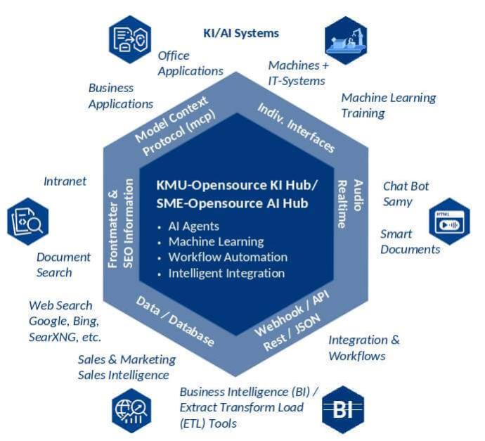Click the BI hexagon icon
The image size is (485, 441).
[x=342, y=409]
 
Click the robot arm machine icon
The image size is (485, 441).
[x=346, y=39]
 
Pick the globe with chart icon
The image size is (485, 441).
[x=131, y=409]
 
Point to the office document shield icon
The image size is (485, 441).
[x=130, y=39]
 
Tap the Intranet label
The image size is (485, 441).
[x=65, y=181]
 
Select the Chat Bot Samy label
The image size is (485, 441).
[x=406, y=194]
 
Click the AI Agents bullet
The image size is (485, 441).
[x=193, y=226]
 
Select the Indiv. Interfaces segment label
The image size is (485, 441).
[x=296, y=127]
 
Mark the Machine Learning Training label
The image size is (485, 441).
[x=388, y=106]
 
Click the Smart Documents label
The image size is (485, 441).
[x=410, y=241]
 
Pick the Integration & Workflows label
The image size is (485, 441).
[x=363, y=348]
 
